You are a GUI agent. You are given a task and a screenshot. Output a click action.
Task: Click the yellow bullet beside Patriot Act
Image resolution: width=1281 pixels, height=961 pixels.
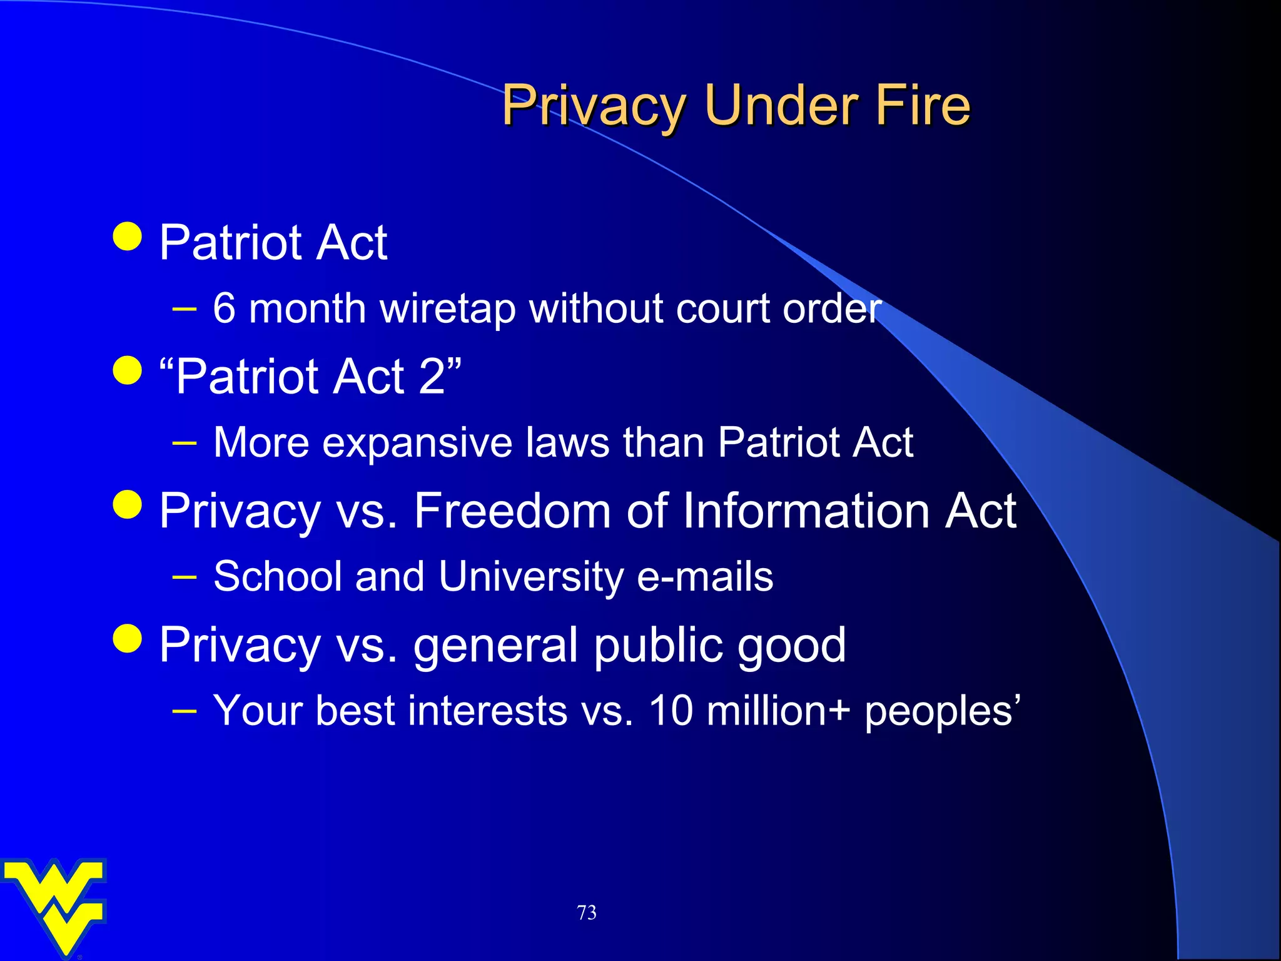128,236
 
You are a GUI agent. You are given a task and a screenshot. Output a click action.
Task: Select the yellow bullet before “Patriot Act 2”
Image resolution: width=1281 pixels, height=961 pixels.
128,370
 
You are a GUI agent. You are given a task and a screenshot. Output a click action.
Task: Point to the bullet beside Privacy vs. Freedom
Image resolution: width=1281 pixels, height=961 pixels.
128,504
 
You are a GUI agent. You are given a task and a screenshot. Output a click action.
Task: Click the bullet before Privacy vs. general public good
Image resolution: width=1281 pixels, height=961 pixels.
128,638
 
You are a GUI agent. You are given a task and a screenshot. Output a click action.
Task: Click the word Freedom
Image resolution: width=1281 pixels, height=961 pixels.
512,511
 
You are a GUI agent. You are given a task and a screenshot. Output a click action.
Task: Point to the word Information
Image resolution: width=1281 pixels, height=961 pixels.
806,511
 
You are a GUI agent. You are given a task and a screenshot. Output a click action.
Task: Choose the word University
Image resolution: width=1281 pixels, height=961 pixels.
531,577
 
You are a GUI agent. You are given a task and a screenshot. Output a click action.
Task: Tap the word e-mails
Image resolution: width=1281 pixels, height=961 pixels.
705,577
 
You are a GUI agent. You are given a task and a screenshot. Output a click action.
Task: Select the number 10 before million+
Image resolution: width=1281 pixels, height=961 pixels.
671,711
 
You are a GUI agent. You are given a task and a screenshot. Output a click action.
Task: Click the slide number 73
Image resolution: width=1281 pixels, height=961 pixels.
587,913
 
